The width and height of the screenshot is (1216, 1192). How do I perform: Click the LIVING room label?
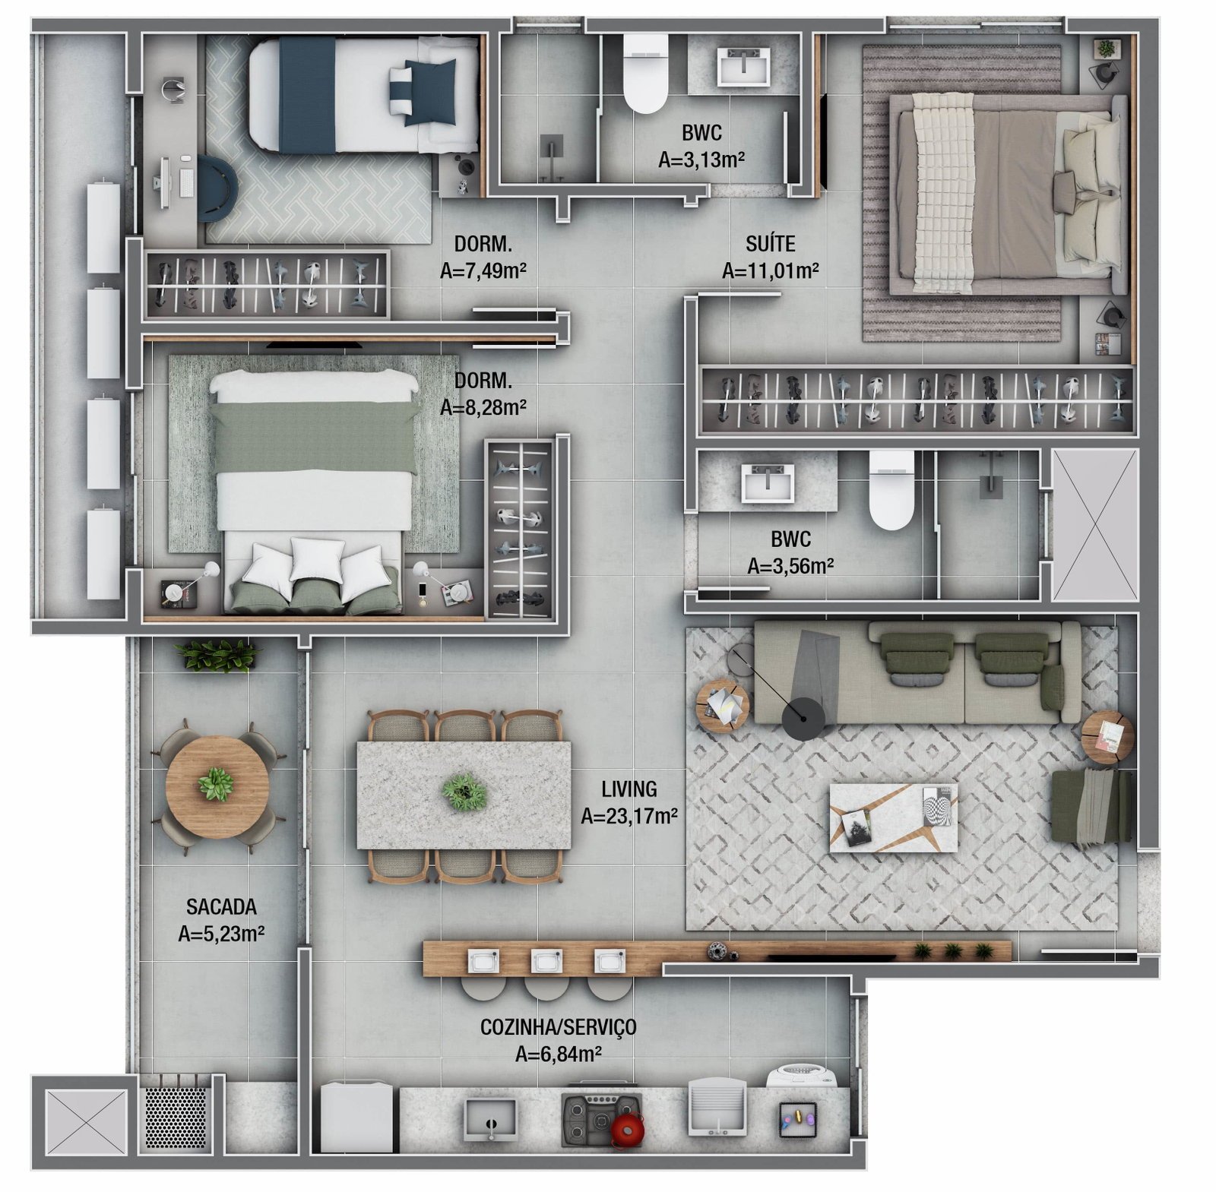[629, 789]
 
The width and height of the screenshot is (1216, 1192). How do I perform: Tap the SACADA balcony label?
[221, 906]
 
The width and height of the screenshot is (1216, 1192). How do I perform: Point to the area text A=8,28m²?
[483, 407]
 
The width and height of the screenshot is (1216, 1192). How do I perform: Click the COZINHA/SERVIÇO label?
[559, 1028]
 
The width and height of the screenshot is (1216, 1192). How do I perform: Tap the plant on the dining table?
[464, 792]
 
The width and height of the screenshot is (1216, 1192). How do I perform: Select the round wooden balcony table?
[217, 786]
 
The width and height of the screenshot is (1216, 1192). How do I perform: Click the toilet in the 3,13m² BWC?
[645, 73]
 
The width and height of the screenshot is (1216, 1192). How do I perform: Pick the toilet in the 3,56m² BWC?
[891, 490]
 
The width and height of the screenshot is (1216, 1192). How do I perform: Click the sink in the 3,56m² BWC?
[768, 483]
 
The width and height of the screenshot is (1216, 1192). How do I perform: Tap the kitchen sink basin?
[490, 1119]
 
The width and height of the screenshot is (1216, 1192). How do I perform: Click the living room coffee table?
[893, 817]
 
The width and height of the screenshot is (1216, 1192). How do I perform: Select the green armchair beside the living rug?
[1092, 806]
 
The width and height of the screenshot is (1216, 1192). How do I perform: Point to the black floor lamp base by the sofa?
[803, 718]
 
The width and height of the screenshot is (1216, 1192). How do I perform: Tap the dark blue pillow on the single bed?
[430, 92]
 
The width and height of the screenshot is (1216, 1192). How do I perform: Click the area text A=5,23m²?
[221, 934]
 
